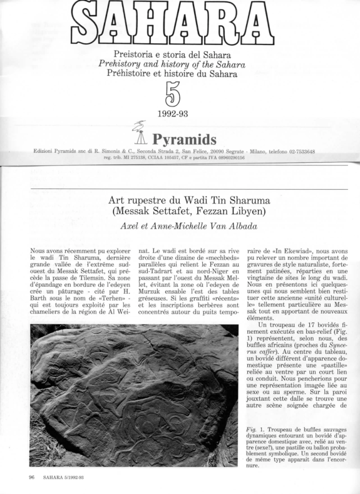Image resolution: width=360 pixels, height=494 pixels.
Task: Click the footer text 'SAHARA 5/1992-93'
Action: tap(65, 478)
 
